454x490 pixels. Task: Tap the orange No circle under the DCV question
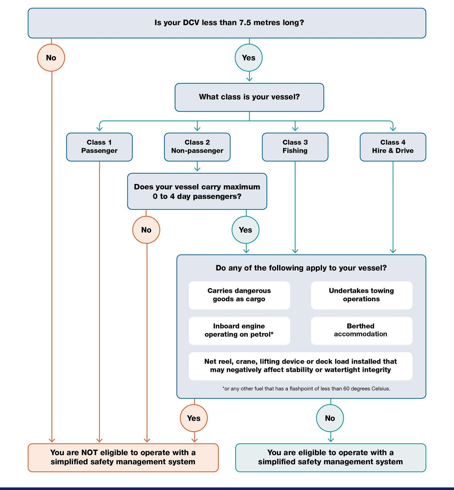(51, 58)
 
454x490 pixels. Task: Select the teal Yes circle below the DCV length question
(249, 58)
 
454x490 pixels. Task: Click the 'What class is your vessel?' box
(249, 97)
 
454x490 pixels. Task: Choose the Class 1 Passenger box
(99, 147)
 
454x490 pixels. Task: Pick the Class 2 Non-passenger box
(197, 147)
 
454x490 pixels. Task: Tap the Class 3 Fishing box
(295, 147)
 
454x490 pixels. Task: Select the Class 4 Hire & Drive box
(393, 147)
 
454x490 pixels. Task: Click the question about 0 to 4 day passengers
(197, 191)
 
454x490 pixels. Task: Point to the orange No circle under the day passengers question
(146, 230)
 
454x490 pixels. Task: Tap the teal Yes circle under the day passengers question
(245, 230)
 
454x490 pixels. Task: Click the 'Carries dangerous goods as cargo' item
(239, 295)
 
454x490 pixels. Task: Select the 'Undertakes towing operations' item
(361, 295)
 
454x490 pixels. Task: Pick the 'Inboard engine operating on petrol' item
(239, 330)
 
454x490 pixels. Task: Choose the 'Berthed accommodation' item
(361, 330)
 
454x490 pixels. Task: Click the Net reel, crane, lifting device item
(300, 366)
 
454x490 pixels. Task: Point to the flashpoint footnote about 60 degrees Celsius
(306, 389)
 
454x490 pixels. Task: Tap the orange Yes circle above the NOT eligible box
(194, 418)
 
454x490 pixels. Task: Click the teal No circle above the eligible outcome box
(330, 418)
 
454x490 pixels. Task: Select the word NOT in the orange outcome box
(90, 453)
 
